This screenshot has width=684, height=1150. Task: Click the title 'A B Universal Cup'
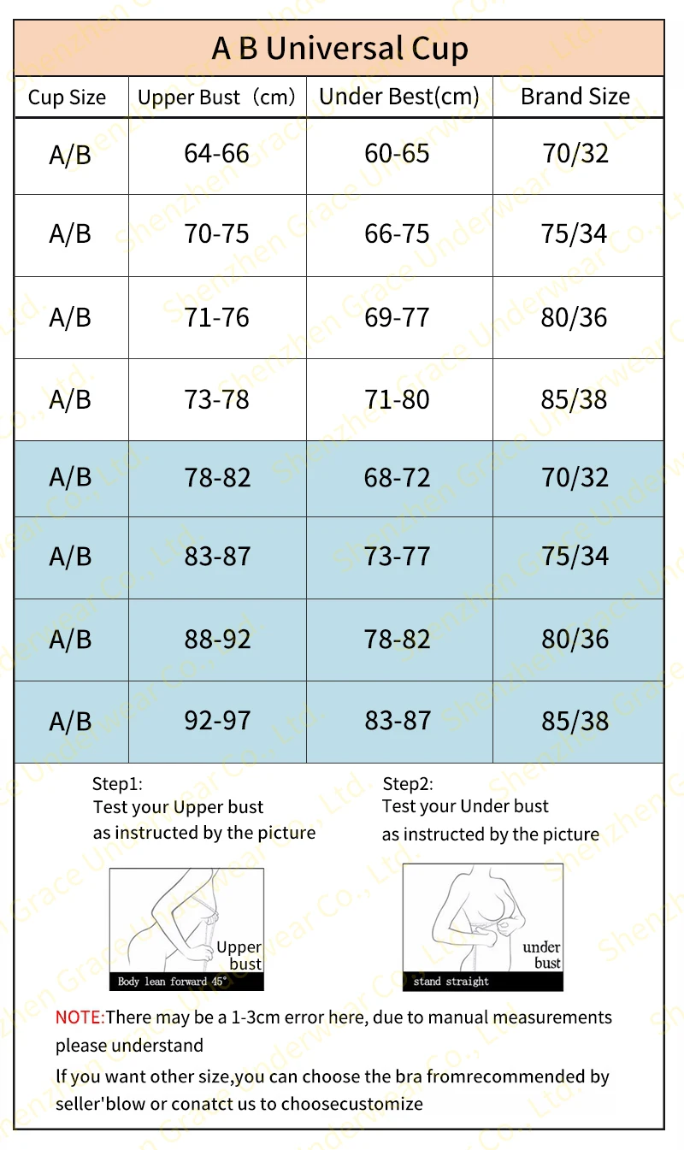pyautogui.click(x=339, y=49)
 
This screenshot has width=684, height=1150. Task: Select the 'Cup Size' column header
pyautogui.click(x=67, y=97)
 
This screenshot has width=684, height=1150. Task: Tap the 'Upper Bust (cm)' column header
pyautogui.click(x=216, y=97)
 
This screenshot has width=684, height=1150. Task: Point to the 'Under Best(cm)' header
pyautogui.click(x=398, y=97)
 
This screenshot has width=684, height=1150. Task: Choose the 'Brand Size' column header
pyautogui.click(x=575, y=97)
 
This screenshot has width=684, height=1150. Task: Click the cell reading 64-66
pyautogui.click(x=217, y=154)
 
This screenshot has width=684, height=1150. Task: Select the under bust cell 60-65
pyautogui.click(x=398, y=154)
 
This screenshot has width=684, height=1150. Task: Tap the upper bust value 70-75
pyautogui.click(x=217, y=234)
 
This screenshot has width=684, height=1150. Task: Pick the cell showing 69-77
pyautogui.click(x=398, y=317)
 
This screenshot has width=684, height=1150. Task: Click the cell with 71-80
pyautogui.click(x=398, y=399)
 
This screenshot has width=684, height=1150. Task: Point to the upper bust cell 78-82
pyautogui.click(x=217, y=477)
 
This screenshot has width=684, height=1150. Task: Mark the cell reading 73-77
pyautogui.click(x=398, y=557)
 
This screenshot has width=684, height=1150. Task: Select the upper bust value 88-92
pyautogui.click(x=217, y=639)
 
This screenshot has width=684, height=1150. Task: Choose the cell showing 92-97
pyautogui.click(x=217, y=721)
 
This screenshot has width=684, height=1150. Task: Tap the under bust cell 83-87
pyautogui.click(x=398, y=721)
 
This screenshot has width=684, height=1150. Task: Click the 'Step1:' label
pyautogui.click(x=117, y=783)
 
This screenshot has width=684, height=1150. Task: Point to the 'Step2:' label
pyautogui.click(x=408, y=783)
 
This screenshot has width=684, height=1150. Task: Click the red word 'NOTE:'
pyautogui.click(x=80, y=1017)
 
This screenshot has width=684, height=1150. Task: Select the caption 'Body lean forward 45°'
pyautogui.click(x=172, y=982)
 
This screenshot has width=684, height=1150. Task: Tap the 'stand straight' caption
pyautogui.click(x=451, y=982)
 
